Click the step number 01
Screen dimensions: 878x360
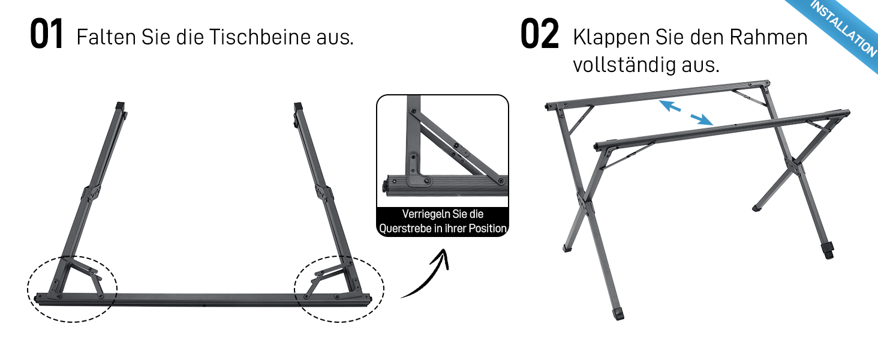click(x=46, y=34)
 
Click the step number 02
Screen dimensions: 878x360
click(x=539, y=34)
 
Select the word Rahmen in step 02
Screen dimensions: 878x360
click(x=768, y=37)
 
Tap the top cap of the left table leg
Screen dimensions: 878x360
click(x=121, y=106)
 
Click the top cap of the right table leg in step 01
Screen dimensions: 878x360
click(x=298, y=107)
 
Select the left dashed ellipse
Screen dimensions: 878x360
click(x=28, y=289)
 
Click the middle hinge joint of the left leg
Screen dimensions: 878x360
click(x=91, y=194)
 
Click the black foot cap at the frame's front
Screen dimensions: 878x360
click(x=618, y=314)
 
